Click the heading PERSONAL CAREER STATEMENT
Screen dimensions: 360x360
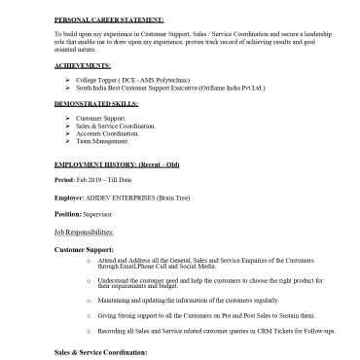point(109,19)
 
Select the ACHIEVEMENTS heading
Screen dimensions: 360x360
point(83,64)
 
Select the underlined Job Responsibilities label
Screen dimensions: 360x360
point(84,232)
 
